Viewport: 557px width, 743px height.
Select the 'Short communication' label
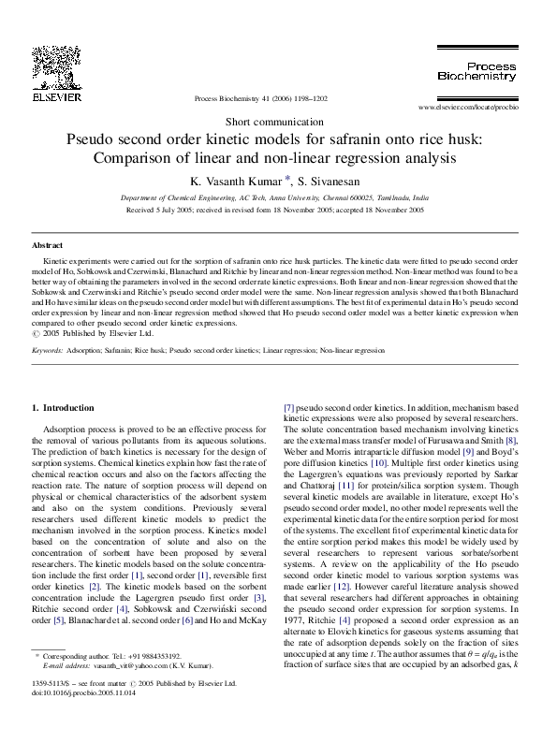(x=277, y=123)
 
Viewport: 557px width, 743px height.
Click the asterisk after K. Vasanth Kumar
(x=289, y=178)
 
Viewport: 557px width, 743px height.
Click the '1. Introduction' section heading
(x=63, y=408)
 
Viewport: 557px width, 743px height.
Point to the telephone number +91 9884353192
(x=156, y=657)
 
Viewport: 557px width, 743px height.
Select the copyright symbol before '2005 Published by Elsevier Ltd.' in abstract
(x=36, y=333)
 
